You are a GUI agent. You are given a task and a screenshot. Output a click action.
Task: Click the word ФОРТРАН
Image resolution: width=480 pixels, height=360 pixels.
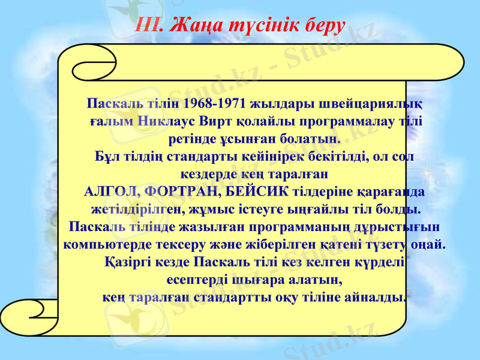181,193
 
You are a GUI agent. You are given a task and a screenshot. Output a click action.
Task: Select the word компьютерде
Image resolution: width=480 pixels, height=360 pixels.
100,245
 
